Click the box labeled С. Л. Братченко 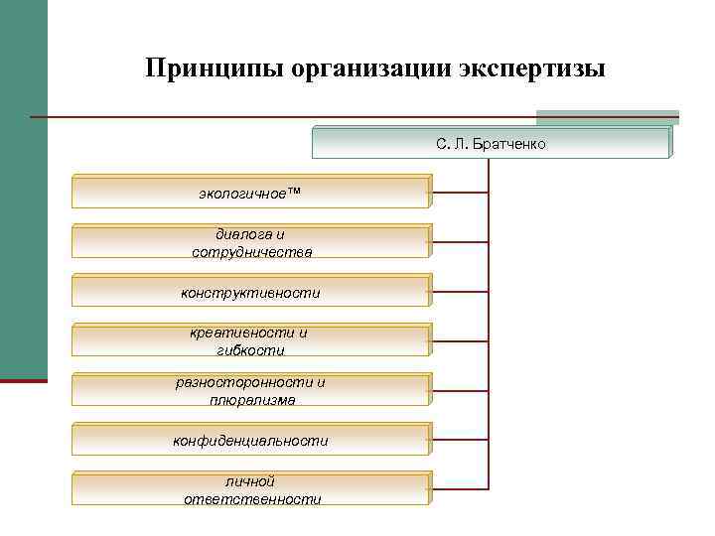point(491,143)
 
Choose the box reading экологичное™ point(250,191)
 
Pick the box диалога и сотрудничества point(250,242)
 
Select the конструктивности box point(250,292)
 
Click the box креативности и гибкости point(250,340)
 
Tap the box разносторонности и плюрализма point(250,390)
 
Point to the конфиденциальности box point(250,440)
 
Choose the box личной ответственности point(250,489)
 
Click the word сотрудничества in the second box point(251,252)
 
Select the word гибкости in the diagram point(250,350)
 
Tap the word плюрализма point(251,400)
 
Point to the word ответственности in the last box point(252,499)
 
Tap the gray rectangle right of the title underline point(607,117)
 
